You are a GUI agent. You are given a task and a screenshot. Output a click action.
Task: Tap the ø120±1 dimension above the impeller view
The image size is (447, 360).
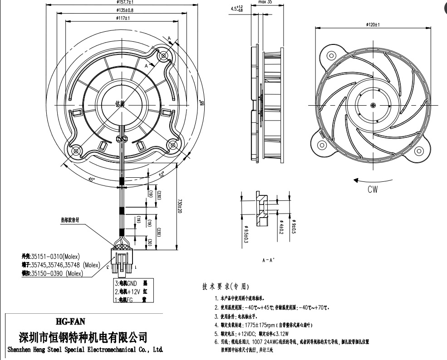(x=373, y=24)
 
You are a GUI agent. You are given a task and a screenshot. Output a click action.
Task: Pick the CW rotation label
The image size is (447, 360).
(x=373, y=190)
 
